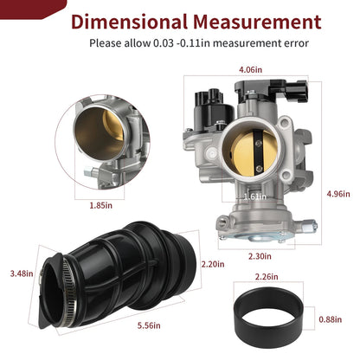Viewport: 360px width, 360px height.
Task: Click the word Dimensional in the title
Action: pyautogui.click(x=129, y=22)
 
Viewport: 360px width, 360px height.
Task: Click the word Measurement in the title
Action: pyautogui.click(x=258, y=22)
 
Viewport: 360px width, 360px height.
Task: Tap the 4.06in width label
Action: pyautogui.click(x=250, y=70)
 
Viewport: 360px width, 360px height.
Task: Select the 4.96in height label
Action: pyautogui.click(x=338, y=194)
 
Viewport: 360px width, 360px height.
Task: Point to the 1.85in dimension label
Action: pyautogui.click(x=100, y=206)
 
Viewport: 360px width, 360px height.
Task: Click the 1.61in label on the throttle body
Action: pyautogui.click(x=255, y=196)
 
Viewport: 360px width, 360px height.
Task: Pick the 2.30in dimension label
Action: pyautogui.click(x=260, y=256)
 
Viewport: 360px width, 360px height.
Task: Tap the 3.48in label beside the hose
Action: pyautogui.click(x=22, y=273)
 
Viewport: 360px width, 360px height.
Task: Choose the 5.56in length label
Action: pyautogui.click(x=149, y=325)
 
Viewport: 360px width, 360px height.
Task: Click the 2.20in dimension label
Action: pyautogui.click(x=213, y=264)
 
